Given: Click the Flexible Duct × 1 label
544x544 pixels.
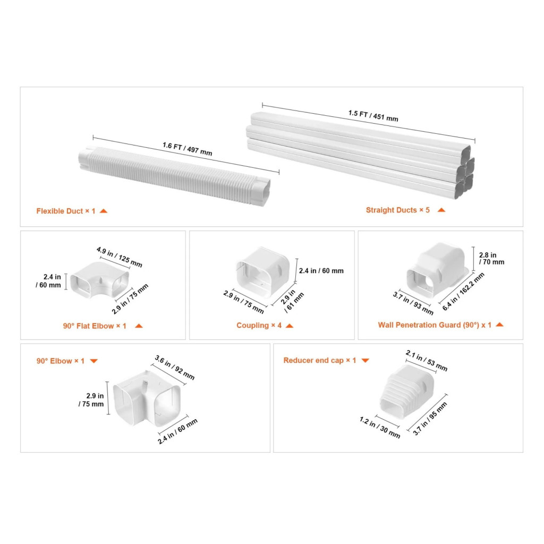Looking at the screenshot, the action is click(x=66, y=211).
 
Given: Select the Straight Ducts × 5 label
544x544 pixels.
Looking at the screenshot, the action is click(x=397, y=210).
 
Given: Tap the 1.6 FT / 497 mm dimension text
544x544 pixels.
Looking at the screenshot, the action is click(x=188, y=149).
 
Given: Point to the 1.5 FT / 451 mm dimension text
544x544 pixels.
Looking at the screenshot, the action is click(x=373, y=116).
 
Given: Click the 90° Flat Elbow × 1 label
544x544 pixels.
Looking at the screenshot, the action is click(x=95, y=326).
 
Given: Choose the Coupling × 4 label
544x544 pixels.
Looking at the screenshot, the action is click(x=259, y=325).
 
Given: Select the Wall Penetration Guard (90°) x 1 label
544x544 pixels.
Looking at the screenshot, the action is click(x=435, y=325).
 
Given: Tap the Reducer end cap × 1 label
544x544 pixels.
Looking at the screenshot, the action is click(x=319, y=361).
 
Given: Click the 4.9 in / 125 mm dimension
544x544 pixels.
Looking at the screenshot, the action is click(x=120, y=257).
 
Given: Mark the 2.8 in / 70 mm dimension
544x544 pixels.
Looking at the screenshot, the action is click(x=491, y=259).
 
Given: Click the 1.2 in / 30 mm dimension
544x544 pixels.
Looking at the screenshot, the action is click(x=380, y=428).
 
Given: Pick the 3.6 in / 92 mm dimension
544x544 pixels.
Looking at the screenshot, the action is click(x=174, y=368).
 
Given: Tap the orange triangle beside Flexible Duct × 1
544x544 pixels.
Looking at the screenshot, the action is click(x=104, y=211).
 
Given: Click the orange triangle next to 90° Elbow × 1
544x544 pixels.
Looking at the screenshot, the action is click(x=93, y=361).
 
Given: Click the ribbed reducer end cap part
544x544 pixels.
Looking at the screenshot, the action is click(x=407, y=391).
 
